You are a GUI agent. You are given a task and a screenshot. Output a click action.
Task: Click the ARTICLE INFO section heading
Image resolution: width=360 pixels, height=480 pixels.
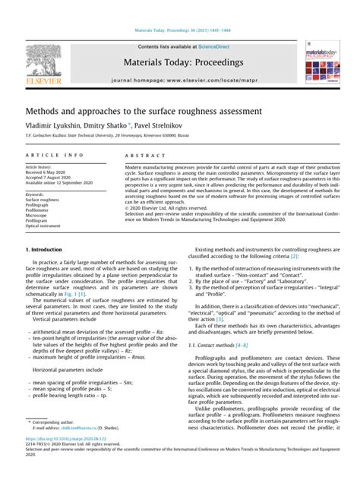click(46, 155)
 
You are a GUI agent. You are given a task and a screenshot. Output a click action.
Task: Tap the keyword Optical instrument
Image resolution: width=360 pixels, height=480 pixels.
click(46, 226)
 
